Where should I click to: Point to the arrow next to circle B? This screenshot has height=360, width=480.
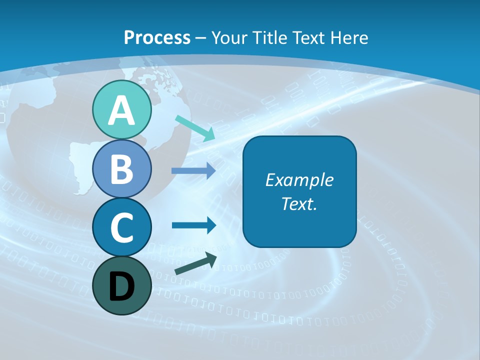pos(193,171)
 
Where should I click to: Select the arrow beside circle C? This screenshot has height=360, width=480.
pos(193,225)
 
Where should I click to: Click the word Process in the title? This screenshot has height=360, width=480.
pos(157,37)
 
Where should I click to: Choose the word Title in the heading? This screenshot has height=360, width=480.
pos(270,37)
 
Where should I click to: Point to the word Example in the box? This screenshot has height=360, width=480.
pos(299,180)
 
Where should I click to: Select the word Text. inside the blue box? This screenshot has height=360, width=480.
pos(299,204)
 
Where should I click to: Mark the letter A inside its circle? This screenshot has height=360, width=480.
pos(121,111)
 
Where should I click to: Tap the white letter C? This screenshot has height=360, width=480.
pos(121,227)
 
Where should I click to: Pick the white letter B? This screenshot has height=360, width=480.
pos(121,169)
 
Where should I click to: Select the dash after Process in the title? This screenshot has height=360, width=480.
pos(200,38)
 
